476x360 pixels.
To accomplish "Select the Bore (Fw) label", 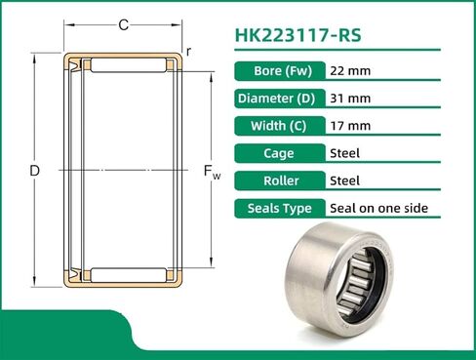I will click(278, 70).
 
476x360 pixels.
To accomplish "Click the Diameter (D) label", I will click(278, 98).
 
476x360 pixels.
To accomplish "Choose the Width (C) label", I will click(278, 125).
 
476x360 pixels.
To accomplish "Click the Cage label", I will click(278, 152).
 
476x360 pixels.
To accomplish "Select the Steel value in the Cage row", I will click(346, 152).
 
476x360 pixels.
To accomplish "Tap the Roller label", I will click(278, 180).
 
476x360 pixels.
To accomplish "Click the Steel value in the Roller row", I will click(346, 180).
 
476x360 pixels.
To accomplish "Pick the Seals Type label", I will click(278, 208).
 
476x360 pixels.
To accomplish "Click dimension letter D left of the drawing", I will click(34, 171).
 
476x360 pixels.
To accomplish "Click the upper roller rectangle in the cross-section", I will click(124, 64).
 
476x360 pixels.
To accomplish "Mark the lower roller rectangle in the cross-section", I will click(124, 276).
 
